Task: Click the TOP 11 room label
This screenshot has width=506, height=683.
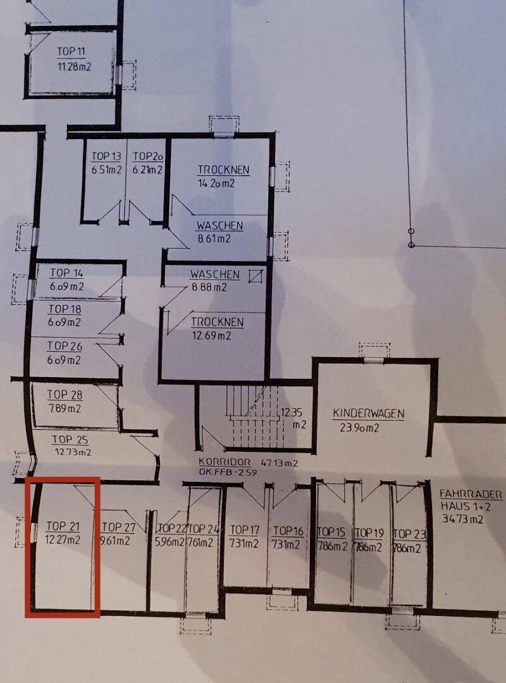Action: click(71, 51)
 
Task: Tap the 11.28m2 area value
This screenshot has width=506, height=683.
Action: click(74, 66)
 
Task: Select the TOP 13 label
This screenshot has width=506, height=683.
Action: click(106, 156)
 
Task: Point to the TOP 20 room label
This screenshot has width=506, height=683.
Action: click(148, 156)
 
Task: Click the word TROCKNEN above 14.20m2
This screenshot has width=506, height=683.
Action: click(223, 169)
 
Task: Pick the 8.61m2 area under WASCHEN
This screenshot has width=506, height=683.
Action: click(214, 238)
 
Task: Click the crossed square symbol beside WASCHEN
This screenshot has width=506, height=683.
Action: click(256, 276)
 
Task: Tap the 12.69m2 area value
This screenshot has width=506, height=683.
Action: click(211, 336)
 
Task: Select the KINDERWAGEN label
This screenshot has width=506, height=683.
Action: click(369, 414)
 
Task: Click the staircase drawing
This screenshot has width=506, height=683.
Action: click(254, 416)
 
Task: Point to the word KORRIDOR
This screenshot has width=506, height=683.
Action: click(225, 462)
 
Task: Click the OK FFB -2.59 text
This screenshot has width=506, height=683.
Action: click(228, 472)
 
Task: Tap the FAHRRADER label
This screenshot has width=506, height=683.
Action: click(471, 495)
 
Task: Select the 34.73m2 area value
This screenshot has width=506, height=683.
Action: click(462, 519)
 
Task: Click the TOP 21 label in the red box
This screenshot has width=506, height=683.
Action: click(63, 527)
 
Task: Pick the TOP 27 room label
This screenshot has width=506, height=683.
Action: click(118, 527)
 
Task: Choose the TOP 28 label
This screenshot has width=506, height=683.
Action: click(65, 395)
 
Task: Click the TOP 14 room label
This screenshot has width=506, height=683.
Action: click(66, 273)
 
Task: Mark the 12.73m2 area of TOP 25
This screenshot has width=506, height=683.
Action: click(73, 452)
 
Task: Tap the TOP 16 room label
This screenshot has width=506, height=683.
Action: click(288, 531)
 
